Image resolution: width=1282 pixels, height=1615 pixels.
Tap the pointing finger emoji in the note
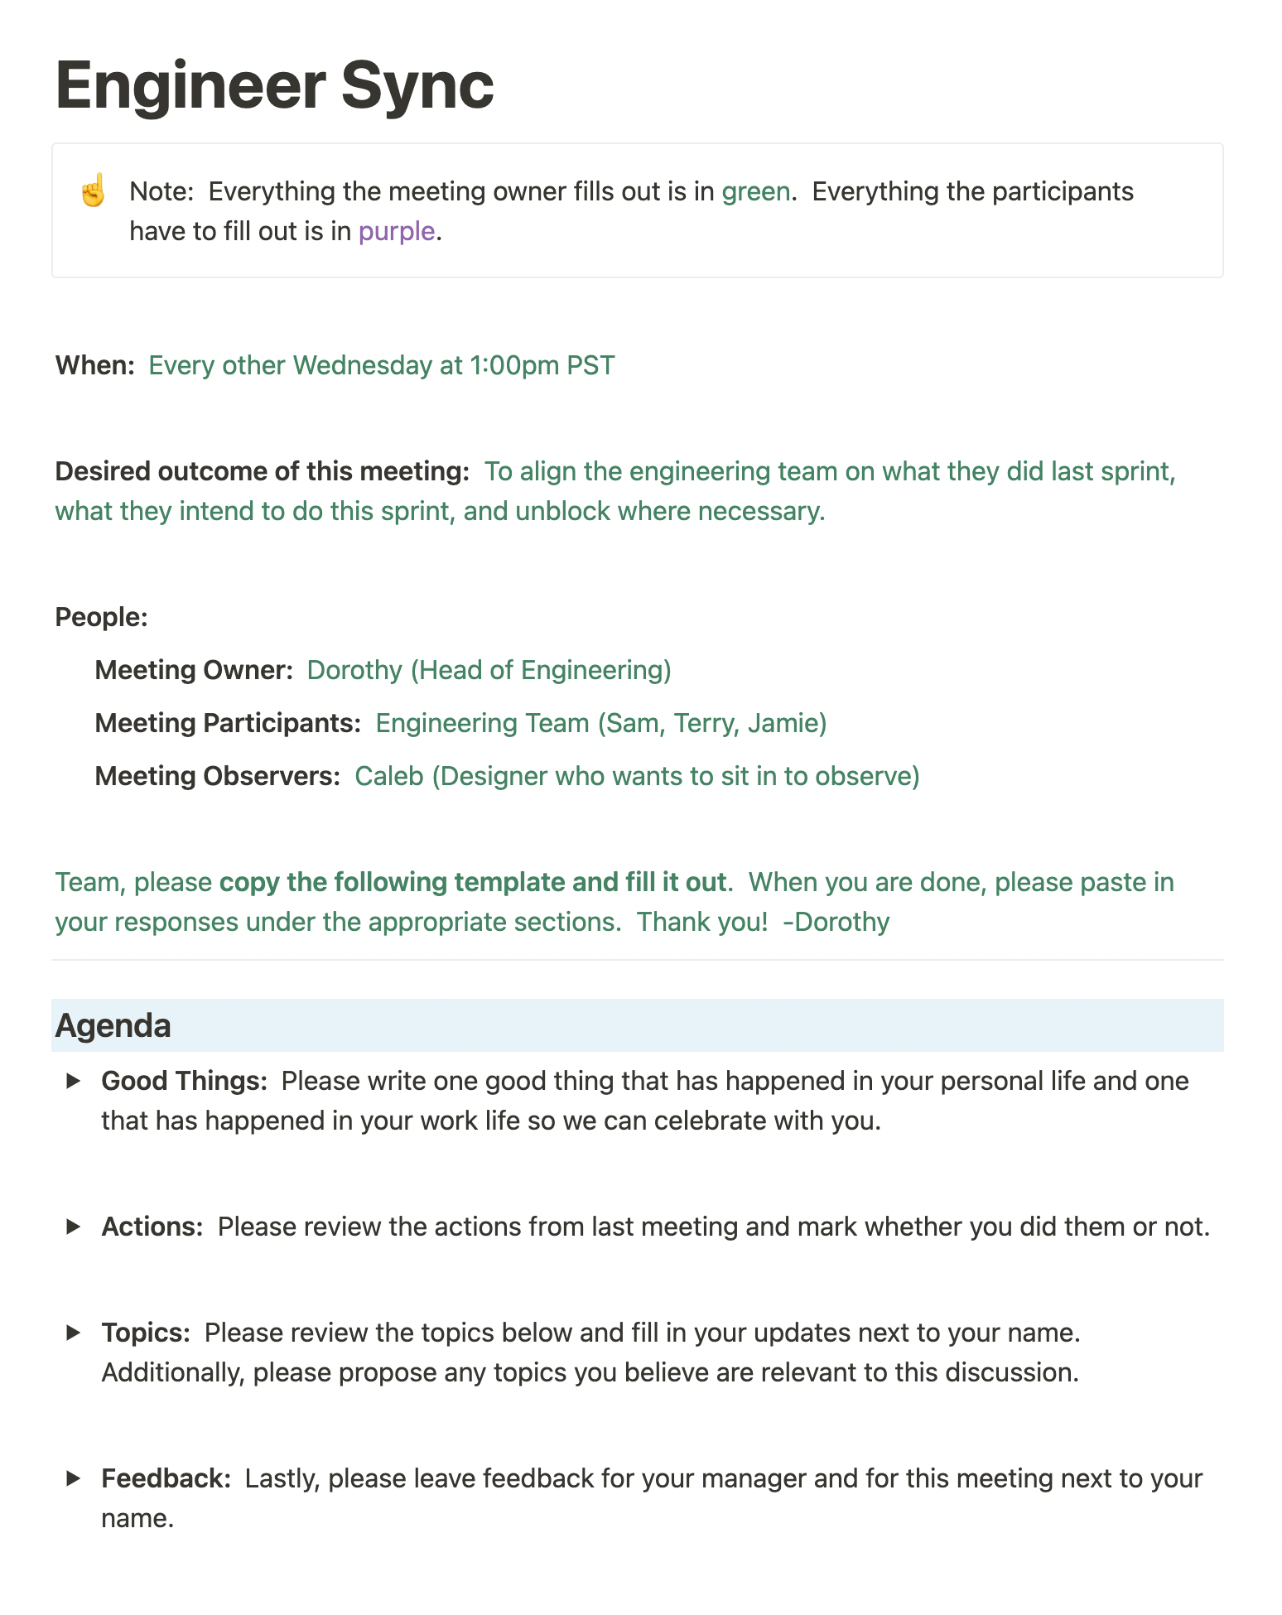pyautogui.click(x=93, y=191)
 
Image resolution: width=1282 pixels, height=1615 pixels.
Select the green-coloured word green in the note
pyautogui.click(x=755, y=191)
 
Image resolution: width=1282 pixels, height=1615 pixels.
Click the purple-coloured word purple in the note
pyautogui.click(x=396, y=231)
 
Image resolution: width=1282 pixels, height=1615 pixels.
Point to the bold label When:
pyautogui.click(x=94, y=365)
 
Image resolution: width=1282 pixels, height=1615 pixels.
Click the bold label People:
pyautogui.click(x=101, y=617)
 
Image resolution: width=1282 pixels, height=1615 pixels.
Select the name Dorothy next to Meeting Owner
pyautogui.click(x=354, y=670)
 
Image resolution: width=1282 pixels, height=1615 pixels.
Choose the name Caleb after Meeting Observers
pyautogui.click(x=389, y=776)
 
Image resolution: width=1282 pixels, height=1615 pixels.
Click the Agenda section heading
pyautogui.click(x=113, y=1025)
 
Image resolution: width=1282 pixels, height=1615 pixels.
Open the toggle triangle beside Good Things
pyautogui.click(x=74, y=1081)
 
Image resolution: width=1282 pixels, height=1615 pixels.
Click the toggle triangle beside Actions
pyautogui.click(x=74, y=1227)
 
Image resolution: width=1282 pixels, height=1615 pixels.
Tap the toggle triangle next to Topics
pyautogui.click(x=74, y=1333)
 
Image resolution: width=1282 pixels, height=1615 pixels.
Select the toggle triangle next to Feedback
pyautogui.click(x=74, y=1478)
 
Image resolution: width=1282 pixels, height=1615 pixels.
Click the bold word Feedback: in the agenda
pyautogui.click(x=166, y=1478)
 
